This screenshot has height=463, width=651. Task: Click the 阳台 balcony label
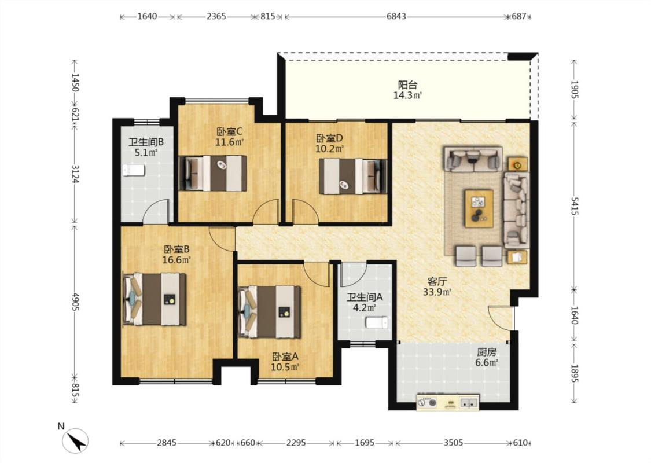click(407, 85)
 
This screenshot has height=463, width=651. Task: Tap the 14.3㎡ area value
click(407, 95)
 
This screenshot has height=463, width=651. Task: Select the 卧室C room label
click(229, 131)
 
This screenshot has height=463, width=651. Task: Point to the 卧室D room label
click(330, 138)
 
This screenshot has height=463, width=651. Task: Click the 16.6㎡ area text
click(176, 260)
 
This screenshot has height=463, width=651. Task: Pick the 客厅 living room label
click(437, 281)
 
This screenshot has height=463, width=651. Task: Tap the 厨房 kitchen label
click(487, 352)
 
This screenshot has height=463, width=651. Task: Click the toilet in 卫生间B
click(134, 170)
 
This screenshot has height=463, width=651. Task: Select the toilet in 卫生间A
click(377, 322)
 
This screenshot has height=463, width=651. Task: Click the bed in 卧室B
click(155, 299)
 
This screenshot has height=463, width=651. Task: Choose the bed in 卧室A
click(270, 312)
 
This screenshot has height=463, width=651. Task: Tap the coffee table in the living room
click(479, 208)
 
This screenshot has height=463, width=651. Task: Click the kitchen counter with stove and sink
click(447, 402)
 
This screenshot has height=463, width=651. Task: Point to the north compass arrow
click(76, 440)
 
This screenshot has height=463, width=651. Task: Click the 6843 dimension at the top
click(396, 17)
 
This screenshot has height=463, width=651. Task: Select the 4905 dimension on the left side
click(75, 302)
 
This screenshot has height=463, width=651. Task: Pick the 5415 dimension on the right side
click(574, 205)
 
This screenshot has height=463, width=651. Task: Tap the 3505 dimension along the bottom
click(453, 443)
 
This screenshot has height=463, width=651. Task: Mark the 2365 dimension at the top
click(216, 17)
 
